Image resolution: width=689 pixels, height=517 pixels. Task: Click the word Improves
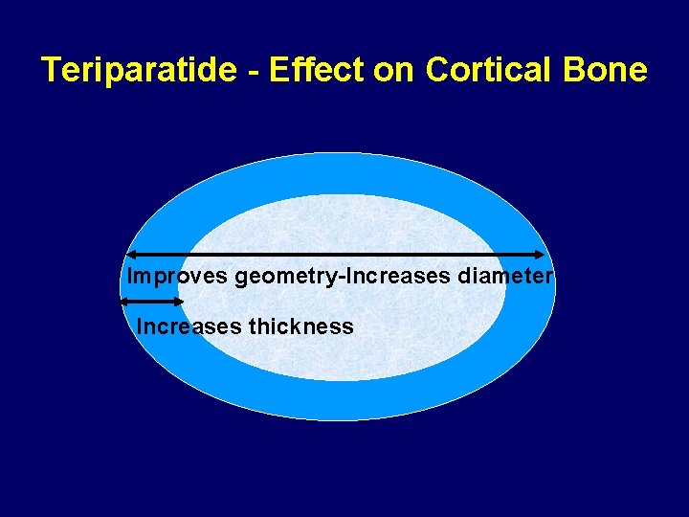(x=178, y=277)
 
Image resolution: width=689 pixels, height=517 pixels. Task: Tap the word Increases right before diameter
(x=396, y=277)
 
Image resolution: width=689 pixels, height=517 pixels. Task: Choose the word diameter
(x=505, y=277)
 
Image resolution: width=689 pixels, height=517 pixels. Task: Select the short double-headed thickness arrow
(x=151, y=302)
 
